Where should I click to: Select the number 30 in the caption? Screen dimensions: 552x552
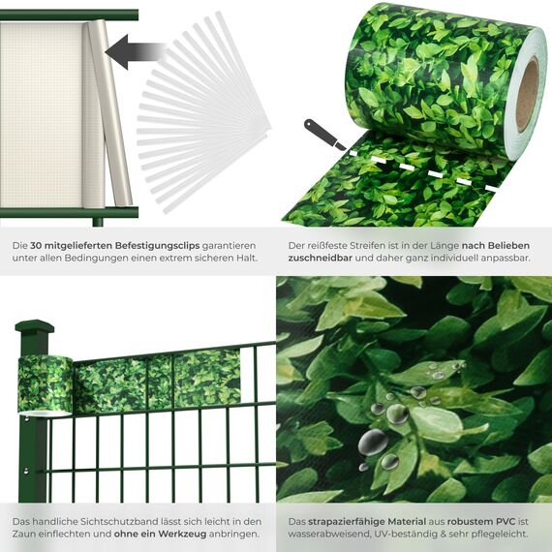click(35, 247)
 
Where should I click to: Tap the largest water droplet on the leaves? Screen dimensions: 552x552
click(374, 443)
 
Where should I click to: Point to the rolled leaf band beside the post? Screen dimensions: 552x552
click(45, 382)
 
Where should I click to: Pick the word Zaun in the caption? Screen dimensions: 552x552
click(26, 534)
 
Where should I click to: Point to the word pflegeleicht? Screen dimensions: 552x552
click(496, 534)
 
